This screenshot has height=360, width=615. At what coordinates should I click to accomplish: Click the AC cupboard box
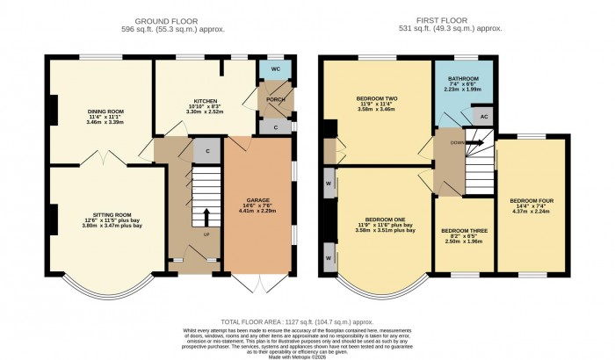[x=482, y=115]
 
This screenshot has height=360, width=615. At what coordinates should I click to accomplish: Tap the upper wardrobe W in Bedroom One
[x=328, y=184]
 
